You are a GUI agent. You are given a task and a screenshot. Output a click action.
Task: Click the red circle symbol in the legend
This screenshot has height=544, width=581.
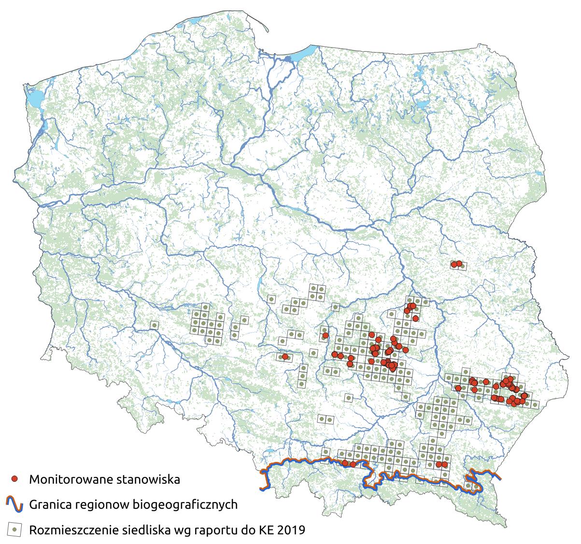tap(15, 479)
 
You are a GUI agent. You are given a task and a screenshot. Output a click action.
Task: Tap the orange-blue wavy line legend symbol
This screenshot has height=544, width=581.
tap(15, 504)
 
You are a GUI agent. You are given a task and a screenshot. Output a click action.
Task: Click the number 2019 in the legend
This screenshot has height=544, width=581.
tap(290, 530)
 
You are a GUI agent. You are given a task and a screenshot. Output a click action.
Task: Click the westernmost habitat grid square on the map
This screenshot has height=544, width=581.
tap(154, 326)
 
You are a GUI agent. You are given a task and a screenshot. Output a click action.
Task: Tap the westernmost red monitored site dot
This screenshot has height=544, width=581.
tap(285, 357)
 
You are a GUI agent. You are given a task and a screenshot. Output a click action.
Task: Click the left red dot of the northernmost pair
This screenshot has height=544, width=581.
tap(454, 264)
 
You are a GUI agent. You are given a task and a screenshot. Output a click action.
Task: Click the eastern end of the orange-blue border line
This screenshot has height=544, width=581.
tap(499, 478)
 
